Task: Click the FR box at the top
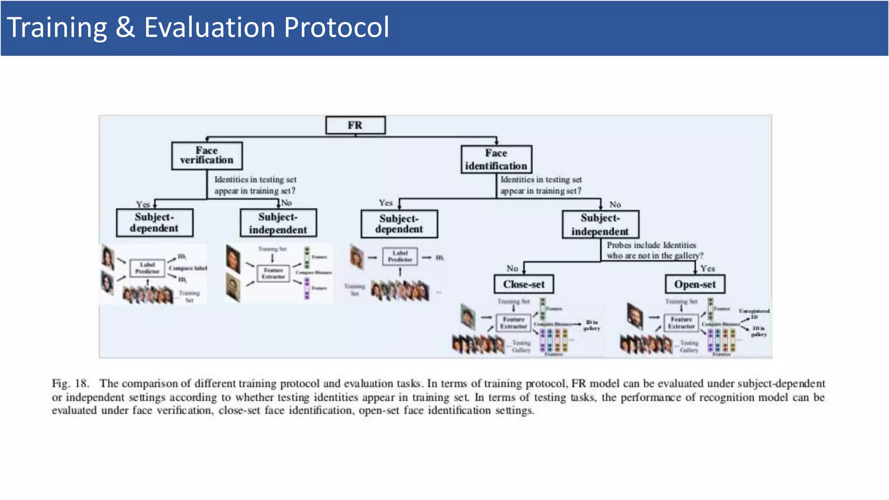click(355, 125)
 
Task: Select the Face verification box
click(207, 156)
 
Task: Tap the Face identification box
click(496, 159)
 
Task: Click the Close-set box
click(524, 284)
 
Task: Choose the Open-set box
click(695, 284)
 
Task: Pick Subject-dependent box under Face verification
click(155, 223)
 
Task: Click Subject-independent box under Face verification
click(278, 223)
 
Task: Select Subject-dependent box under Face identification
click(399, 224)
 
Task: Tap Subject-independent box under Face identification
click(600, 224)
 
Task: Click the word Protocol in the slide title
click(336, 27)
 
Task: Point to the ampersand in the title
click(125, 27)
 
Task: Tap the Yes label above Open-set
click(707, 269)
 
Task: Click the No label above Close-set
click(512, 269)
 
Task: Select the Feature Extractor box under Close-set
click(514, 323)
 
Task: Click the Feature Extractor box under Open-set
click(681, 323)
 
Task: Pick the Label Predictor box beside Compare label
click(147, 268)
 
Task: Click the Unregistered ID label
click(754, 313)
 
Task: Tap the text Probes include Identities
click(651, 245)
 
